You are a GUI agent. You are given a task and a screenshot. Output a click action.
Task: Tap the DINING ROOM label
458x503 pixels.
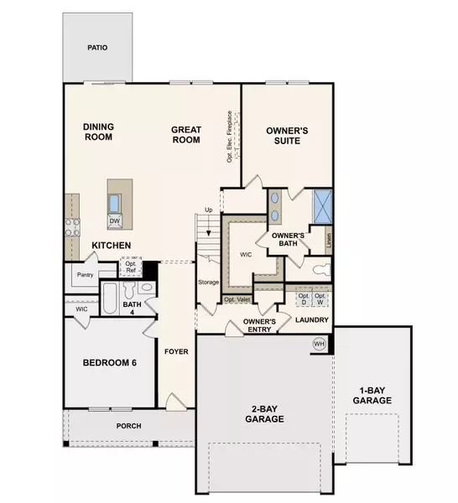(98, 133)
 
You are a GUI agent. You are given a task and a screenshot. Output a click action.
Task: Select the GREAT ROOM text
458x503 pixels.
(185, 135)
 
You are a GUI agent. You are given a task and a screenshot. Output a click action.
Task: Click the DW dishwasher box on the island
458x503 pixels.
(114, 221)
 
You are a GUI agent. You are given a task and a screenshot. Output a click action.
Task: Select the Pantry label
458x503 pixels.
(83, 275)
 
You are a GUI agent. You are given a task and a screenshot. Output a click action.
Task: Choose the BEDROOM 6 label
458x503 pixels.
(109, 363)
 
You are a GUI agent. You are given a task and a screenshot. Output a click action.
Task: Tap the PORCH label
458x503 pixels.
(128, 426)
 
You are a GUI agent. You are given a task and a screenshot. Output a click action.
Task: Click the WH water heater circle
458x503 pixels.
(319, 343)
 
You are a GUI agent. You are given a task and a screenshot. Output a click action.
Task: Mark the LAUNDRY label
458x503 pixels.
(312, 320)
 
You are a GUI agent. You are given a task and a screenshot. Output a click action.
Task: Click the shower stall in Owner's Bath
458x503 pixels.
(322, 205)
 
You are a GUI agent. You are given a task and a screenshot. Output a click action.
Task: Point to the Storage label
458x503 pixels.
(208, 283)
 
